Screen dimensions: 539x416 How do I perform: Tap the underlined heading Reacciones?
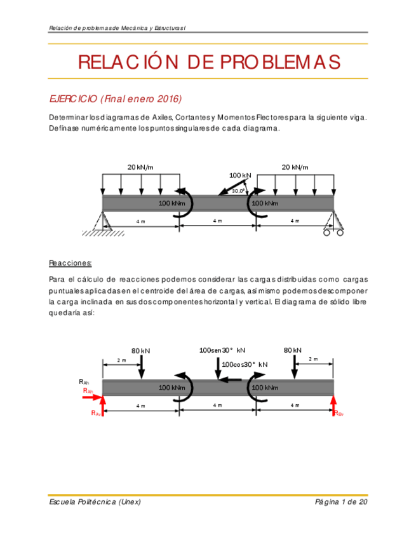click(x=70, y=263)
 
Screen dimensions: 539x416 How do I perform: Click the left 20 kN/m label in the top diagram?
click(x=140, y=167)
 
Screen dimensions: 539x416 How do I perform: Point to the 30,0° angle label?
click(x=238, y=191)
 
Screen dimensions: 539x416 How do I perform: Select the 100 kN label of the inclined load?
click(x=239, y=175)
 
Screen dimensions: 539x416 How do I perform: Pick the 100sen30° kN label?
click(x=222, y=350)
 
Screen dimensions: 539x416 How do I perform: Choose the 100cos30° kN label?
click(x=245, y=364)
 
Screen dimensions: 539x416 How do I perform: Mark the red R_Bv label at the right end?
click(x=339, y=413)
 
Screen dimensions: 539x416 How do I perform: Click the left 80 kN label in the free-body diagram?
click(x=140, y=351)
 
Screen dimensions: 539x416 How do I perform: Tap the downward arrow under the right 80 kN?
click(x=295, y=367)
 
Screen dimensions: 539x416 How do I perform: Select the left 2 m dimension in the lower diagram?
click(x=122, y=360)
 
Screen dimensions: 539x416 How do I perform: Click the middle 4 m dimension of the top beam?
click(x=217, y=221)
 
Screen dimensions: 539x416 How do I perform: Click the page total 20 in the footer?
click(x=362, y=502)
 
